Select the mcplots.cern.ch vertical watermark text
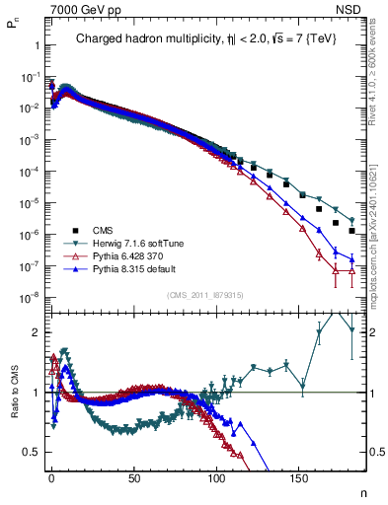[379, 227]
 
